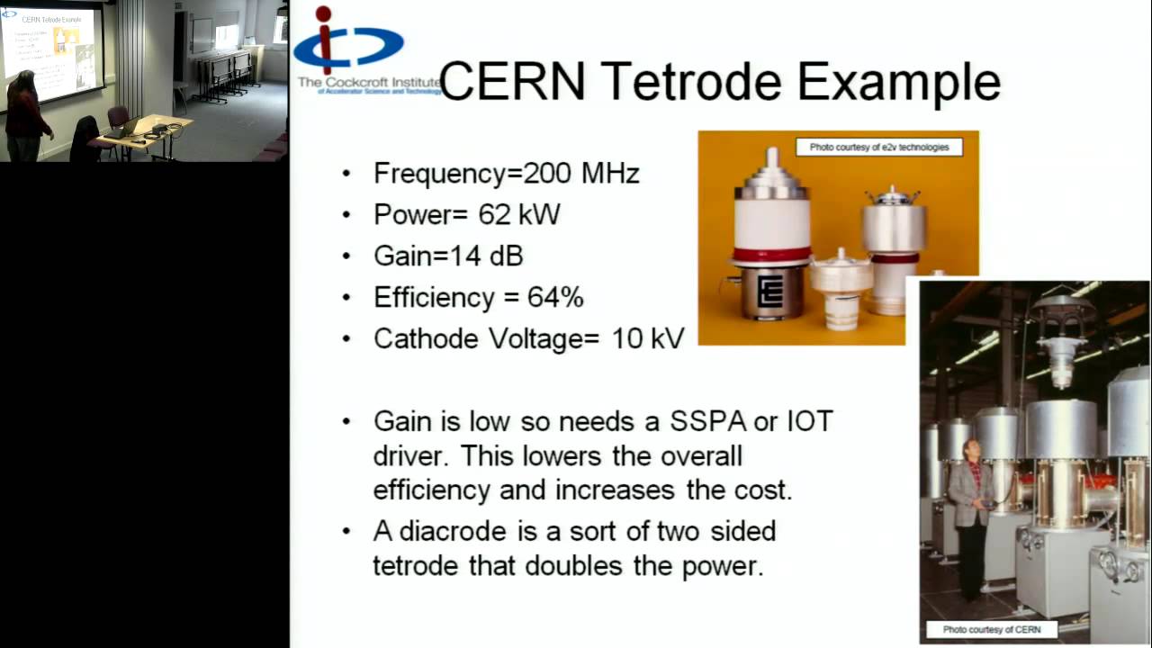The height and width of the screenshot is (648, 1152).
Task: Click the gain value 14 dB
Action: tap(486, 256)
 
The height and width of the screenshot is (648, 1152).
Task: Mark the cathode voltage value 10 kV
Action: tap(648, 338)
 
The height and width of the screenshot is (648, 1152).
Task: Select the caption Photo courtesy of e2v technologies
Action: tap(878, 147)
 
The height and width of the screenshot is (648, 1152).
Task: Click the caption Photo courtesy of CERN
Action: tap(991, 629)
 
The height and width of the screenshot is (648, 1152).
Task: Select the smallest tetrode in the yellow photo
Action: tap(841, 292)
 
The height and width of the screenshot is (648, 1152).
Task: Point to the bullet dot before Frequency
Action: tap(346, 174)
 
